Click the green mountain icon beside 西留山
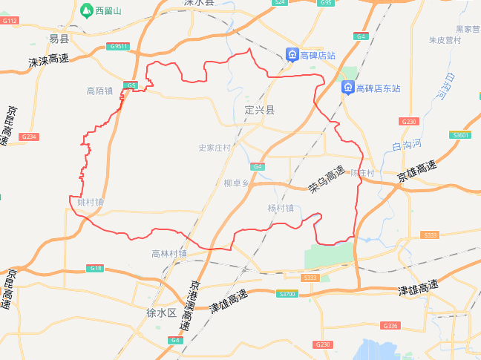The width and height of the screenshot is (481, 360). click(86, 11)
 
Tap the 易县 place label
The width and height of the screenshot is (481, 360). click(59, 39)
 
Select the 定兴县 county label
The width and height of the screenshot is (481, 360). click(260, 110)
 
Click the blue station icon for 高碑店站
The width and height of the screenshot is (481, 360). click(293, 55)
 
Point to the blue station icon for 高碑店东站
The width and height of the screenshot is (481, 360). click(347, 88)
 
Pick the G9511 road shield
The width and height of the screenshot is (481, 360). click(118, 47)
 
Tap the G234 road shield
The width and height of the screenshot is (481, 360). click(29, 137)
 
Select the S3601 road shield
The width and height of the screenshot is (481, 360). click(460, 135)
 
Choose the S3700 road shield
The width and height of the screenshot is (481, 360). click(287, 295)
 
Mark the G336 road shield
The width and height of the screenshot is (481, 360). click(390, 326)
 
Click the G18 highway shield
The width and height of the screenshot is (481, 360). click(94, 268)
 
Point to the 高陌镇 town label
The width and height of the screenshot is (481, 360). click(99, 91)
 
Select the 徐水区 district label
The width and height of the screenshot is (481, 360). click(161, 312)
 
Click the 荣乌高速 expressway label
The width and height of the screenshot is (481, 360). click(327, 180)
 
